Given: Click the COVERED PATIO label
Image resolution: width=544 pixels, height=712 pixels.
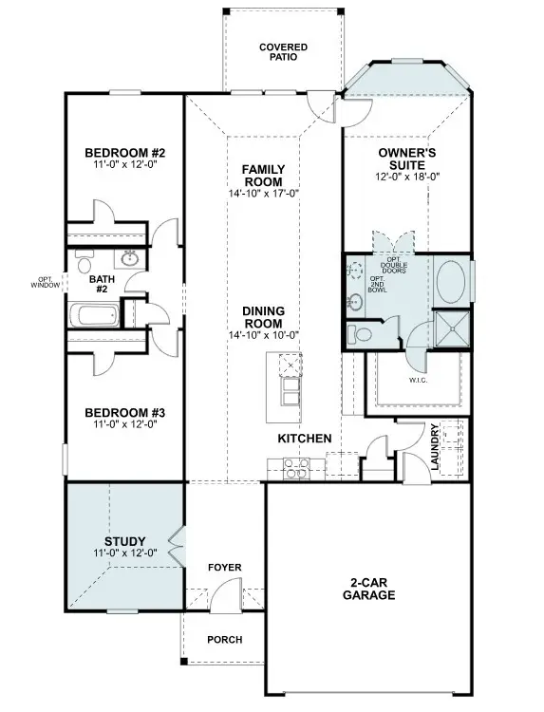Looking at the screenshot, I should click(x=284, y=51).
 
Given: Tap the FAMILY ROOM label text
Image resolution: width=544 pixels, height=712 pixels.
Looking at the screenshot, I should click(x=263, y=176).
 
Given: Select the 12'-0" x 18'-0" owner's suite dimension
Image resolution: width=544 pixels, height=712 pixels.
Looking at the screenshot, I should click(x=407, y=176).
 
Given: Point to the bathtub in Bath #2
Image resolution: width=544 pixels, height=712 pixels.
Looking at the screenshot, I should click(x=93, y=313).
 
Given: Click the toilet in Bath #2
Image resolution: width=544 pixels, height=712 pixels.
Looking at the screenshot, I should click(x=83, y=264).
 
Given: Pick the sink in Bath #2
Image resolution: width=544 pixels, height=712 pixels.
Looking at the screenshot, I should click(x=129, y=258).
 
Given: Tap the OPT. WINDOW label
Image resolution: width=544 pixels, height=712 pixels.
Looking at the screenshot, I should click(x=44, y=282).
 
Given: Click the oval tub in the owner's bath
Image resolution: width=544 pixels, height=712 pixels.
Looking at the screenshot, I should click(x=451, y=282).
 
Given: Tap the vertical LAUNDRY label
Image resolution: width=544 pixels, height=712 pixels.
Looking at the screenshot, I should click(x=433, y=447).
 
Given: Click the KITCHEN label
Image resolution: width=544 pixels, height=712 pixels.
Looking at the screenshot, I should click(x=304, y=439).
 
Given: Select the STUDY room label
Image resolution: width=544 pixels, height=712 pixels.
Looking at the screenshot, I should click(x=124, y=541).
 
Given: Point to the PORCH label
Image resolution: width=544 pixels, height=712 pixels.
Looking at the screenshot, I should click(x=224, y=640).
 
